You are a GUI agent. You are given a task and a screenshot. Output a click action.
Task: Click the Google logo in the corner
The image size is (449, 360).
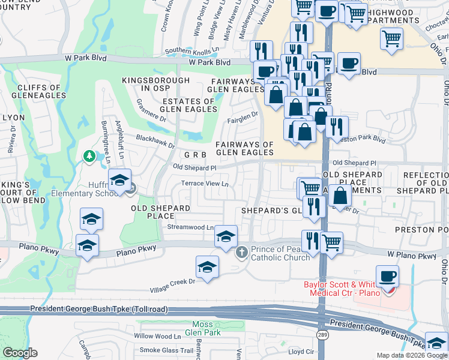point(20,353)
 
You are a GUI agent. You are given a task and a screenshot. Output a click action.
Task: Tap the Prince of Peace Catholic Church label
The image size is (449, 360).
point(279,253)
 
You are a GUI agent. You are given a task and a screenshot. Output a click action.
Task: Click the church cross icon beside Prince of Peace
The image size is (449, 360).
point(241,251)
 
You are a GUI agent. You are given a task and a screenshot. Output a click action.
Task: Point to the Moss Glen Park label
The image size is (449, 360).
point(202,328)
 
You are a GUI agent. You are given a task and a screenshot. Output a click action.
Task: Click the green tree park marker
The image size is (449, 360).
point(89,156)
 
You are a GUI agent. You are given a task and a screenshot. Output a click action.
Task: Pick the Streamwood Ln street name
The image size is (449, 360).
point(190,227)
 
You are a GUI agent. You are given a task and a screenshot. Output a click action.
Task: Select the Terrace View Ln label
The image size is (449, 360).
point(205,184)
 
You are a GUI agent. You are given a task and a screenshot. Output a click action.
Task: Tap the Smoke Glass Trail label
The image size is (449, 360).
point(166,350)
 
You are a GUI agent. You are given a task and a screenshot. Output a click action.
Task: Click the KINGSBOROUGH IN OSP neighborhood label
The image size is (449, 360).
point(147,84)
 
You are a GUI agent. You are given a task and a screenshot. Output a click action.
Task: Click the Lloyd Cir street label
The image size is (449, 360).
point(301,352)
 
